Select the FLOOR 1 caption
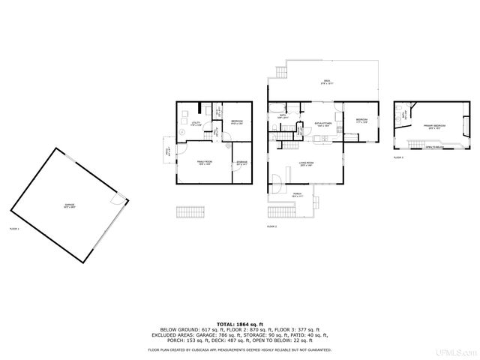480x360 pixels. tap(14, 228)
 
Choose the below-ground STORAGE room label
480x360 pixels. tap(241, 163)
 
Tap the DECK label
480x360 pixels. tap(327, 82)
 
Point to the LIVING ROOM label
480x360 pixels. tap(305, 163)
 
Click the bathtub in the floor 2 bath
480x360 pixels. tap(277, 107)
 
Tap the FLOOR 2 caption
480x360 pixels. tap(271, 226)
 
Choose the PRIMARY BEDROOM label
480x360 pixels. tap(433, 126)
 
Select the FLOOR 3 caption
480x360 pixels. tap(398, 157)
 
